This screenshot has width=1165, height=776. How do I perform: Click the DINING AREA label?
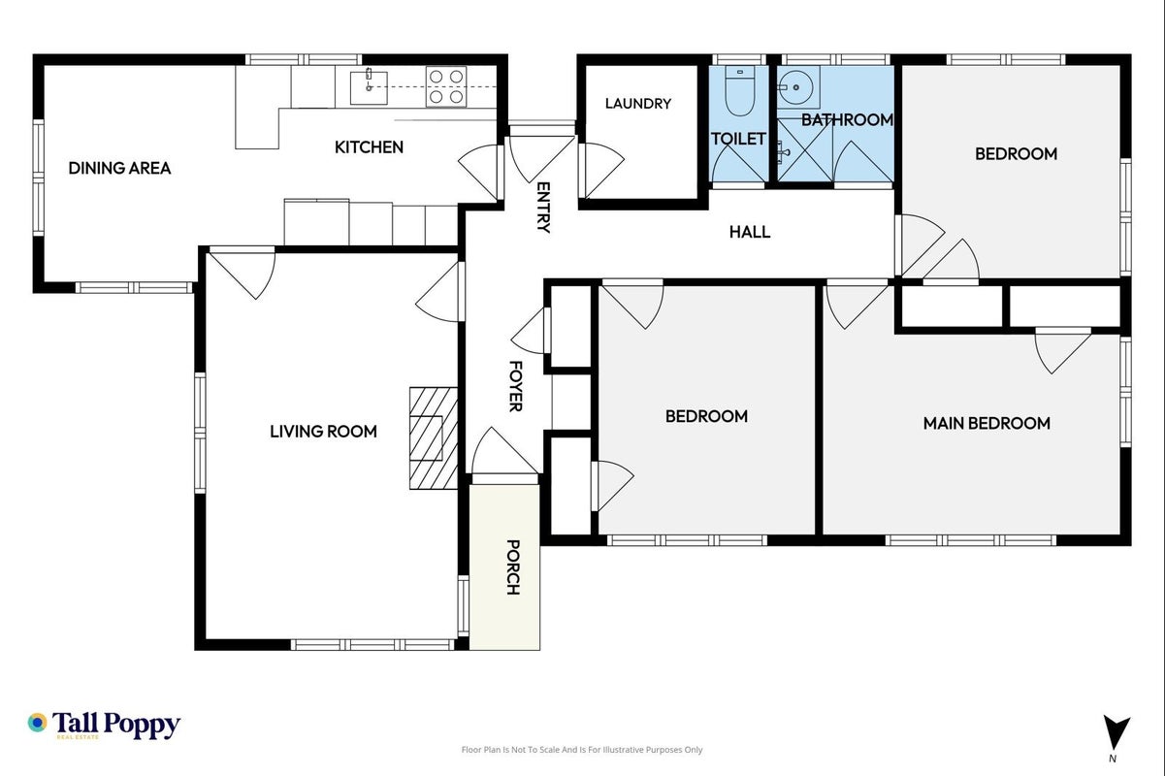tap(119, 168)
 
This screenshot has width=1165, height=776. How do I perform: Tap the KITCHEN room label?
tap(369, 147)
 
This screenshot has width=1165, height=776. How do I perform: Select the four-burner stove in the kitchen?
tap(446, 86)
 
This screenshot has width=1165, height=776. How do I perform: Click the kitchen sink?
tap(369, 87)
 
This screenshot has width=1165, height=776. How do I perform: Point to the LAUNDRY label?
tap(638, 104)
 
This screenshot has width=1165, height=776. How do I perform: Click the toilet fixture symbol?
tap(739, 90)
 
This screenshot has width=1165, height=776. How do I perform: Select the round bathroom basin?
tap(798, 87)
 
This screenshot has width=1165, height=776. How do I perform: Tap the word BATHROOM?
tap(847, 120)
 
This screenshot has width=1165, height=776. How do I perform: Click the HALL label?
tap(750, 232)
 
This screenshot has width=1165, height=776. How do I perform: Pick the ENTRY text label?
tap(543, 207)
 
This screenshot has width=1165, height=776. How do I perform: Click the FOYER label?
tap(515, 386)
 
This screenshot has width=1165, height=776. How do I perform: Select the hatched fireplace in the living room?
tap(434, 437)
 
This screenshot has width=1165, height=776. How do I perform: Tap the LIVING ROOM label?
tap(323, 432)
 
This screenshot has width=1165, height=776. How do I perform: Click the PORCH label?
tap(513, 566)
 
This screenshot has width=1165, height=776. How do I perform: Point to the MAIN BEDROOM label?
tap(987, 423)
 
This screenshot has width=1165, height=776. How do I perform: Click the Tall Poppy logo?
tap(104, 725)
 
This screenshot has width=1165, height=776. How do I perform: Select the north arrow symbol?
tap(1116, 732)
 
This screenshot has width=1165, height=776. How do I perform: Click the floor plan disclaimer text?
tap(582, 750)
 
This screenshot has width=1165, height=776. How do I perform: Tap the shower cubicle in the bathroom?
tap(805, 150)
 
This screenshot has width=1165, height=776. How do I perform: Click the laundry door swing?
tap(601, 171)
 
